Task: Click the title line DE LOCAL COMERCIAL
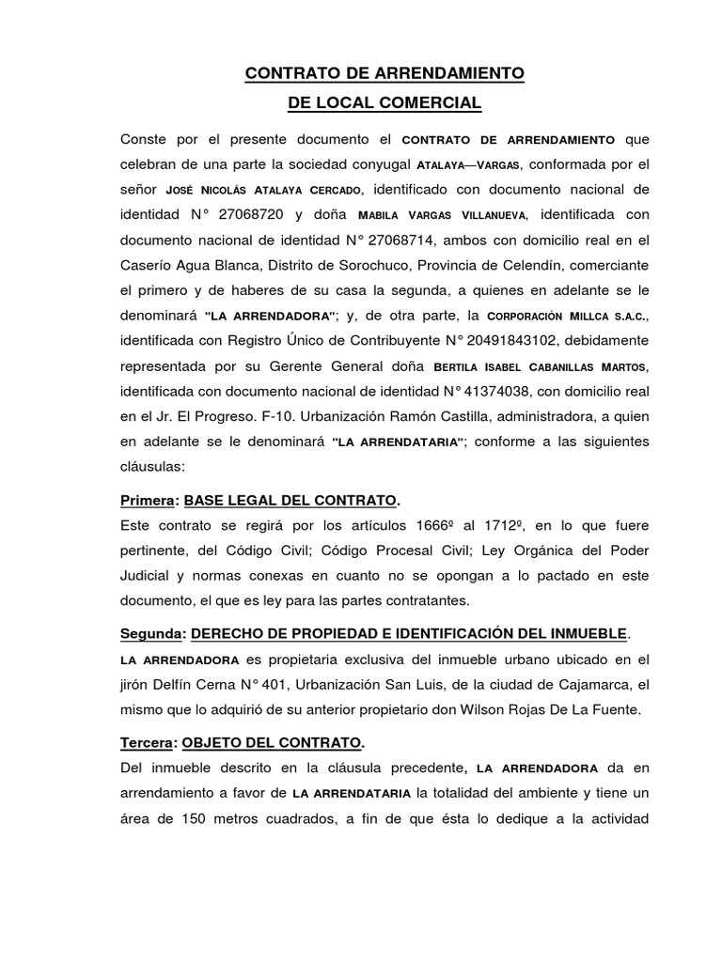[x=385, y=102]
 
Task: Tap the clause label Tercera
[x=149, y=742]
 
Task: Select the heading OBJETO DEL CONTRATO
[x=272, y=742]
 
